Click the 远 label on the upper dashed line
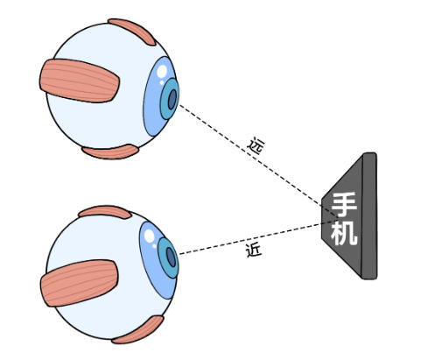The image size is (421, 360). click(x=256, y=146)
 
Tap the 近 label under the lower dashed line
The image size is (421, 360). click(x=254, y=251)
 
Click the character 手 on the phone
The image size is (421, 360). click(x=344, y=205)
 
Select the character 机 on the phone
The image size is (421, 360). click(x=344, y=233)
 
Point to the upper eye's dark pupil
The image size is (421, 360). click(x=172, y=99)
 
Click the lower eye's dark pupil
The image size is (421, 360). click(x=171, y=258)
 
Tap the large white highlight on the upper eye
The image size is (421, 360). click(x=162, y=71)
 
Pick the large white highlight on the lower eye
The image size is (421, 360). click(x=150, y=236)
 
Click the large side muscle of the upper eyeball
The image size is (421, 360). click(x=80, y=81)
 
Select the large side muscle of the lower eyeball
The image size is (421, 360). click(x=79, y=283)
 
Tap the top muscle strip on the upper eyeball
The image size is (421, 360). click(x=133, y=31)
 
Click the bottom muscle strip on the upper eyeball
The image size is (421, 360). click(x=110, y=152)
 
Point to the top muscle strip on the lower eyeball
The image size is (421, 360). click(x=105, y=211)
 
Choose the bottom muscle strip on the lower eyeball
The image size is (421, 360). click(x=138, y=330)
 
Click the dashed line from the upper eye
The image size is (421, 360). click(x=258, y=161)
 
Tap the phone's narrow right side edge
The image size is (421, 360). click(x=369, y=215)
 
